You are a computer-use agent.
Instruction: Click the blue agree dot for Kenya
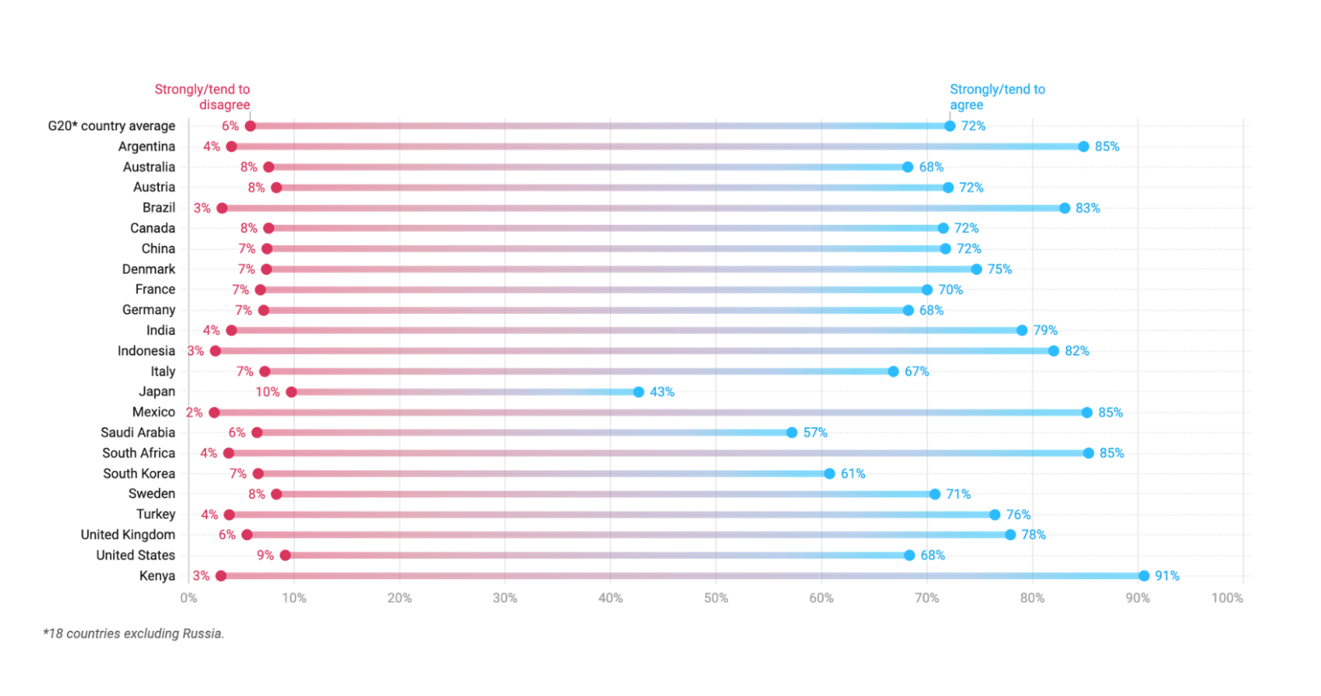pos(1144,576)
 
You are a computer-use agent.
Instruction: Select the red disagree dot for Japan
pos(291,392)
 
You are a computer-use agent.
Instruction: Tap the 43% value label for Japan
pos(662,392)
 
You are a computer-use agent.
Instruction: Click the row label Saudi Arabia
pos(138,432)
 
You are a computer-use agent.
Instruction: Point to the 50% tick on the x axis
pos(715,598)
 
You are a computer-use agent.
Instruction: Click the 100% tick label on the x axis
pos(1227,598)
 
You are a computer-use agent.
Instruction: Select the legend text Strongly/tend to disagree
pos(203,97)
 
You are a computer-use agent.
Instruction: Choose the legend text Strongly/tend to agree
pos(997,97)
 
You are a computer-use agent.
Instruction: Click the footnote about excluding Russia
pos(133,633)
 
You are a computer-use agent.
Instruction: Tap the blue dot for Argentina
pos(1083,146)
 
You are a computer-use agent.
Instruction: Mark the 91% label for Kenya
pos(1167,576)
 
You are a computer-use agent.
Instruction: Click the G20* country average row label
pos(112,126)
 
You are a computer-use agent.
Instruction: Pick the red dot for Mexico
pos(214,412)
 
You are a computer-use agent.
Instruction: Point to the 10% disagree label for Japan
pos(267,392)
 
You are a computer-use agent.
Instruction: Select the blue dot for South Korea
pos(829,474)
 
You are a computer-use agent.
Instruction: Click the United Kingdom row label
pos(128,535)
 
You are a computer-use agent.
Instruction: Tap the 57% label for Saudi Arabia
pos(815,432)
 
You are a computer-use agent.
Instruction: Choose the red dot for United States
pos(285,555)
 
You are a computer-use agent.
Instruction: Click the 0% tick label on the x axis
pos(188,598)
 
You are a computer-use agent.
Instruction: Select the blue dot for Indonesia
pos(1053,351)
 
